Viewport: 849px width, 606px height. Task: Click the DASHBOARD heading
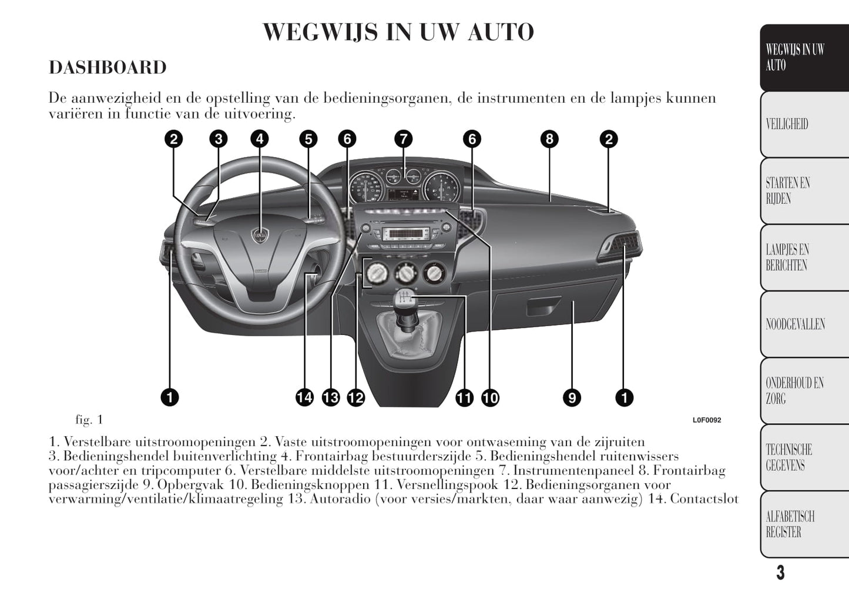point(108,68)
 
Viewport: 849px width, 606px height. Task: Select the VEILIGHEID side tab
point(787,124)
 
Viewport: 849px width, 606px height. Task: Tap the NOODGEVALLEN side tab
point(795,324)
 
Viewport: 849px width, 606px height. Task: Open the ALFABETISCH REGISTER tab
point(790,524)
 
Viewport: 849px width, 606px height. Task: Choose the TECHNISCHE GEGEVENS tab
point(788,457)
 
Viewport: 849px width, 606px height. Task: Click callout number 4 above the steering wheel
point(259,139)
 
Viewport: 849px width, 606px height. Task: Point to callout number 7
point(404,139)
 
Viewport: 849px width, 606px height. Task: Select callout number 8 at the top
point(549,139)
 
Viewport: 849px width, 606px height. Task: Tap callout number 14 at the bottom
point(304,398)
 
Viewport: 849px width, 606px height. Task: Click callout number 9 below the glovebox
point(572,398)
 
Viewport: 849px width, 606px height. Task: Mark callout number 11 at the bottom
point(464,398)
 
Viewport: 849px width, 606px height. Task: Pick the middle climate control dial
point(405,273)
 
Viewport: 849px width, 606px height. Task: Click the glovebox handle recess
point(543,307)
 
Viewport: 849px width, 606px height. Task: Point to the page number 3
point(780,572)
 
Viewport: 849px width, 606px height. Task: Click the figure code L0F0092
point(706,420)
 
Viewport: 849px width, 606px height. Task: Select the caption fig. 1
point(89,420)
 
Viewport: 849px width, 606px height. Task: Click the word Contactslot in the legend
point(704,499)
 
